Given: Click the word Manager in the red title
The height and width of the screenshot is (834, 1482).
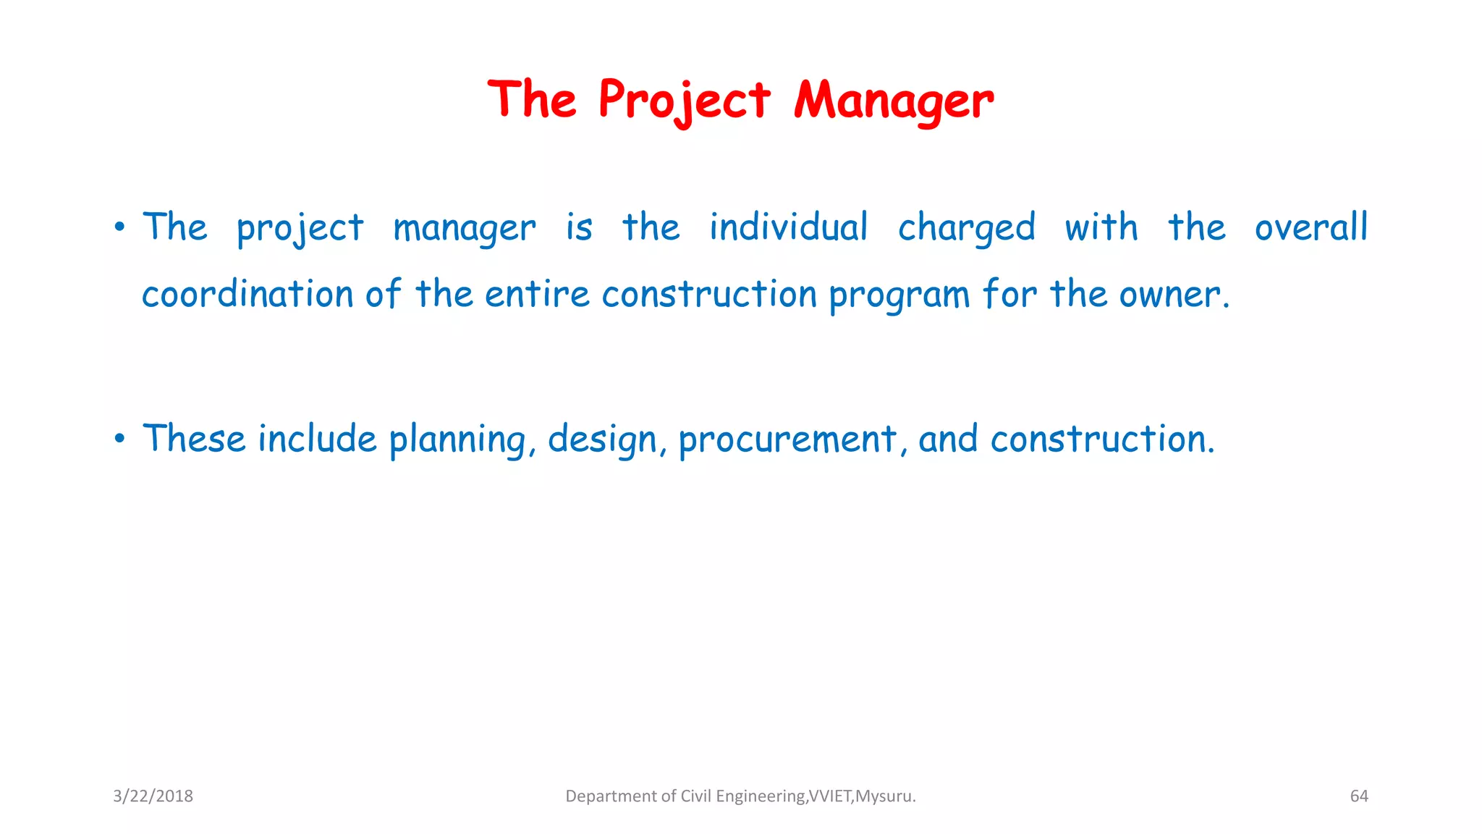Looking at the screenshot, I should (x=894, y=100).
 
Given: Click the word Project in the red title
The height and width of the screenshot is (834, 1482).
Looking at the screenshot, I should (x=684, y=100).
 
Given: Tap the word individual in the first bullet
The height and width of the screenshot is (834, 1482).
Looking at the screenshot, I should (x=788, y=227).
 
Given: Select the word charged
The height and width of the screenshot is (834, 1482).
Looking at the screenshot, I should (x=967, y=228).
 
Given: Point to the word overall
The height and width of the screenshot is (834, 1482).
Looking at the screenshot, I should (x=1310, y=227).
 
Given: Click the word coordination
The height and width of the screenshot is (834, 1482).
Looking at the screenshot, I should (x=247, y=295).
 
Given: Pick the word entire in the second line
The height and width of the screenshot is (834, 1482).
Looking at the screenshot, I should (x=537, y=295).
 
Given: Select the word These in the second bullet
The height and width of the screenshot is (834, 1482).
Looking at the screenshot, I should (x=194, y=439).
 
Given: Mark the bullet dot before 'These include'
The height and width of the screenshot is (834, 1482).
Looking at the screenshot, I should (x=120, y=439).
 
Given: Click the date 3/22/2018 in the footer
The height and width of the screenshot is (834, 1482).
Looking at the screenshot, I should (x=153, y=796).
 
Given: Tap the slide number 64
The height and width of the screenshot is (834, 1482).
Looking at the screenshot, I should (x=1359, y=796).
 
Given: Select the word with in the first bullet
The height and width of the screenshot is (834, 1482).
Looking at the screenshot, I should (x=1101, y=227).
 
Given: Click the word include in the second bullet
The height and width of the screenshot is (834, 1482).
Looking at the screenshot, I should (x=317, y=439).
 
